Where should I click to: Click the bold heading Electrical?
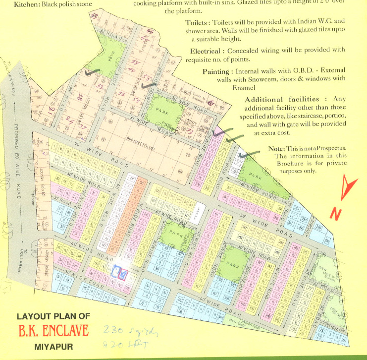pos(205,51)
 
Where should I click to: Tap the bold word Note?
pos(275,149)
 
